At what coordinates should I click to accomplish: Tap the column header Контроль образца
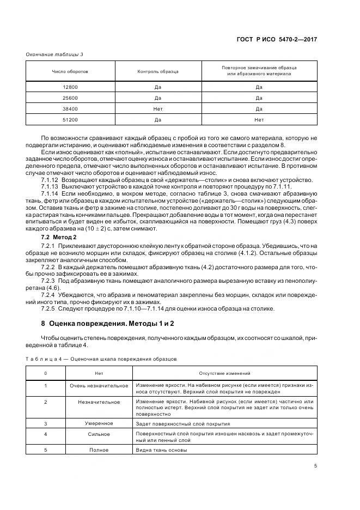(158, 71)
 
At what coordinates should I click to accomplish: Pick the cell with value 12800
(70, 87)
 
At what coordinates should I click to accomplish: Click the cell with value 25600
(70, 98)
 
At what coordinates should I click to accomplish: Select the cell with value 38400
(70, 109)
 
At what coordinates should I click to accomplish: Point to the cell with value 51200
(70, 120)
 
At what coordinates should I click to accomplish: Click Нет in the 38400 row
(158, 109)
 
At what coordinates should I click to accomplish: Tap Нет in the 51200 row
(259, 120)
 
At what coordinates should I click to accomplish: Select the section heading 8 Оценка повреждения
(97, 324)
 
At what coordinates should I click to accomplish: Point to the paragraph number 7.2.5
(50, 309)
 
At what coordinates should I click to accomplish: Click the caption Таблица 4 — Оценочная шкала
(101, 359)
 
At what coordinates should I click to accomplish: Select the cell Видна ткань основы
(162, 450)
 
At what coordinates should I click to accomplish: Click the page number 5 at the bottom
(315, 466)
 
